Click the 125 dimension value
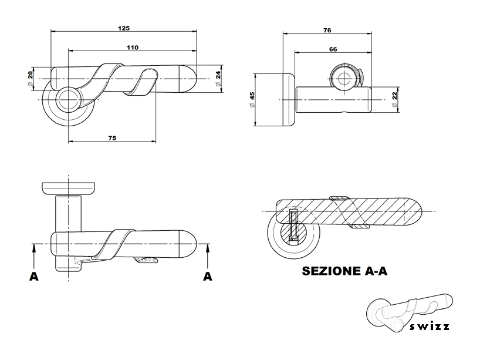pos(124,28)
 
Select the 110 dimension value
pos(133,48)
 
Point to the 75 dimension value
pos(112,137)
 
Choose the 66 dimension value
pos(333,50)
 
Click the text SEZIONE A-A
pos(344,271)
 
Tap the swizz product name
pos(430,327)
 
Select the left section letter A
pos(34,276)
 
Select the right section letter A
pos(207,276)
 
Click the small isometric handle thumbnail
pos(407,311)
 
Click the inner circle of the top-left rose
pos(68,99)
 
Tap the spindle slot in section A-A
pos(294,226)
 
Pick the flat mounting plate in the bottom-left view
pos(69,189)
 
